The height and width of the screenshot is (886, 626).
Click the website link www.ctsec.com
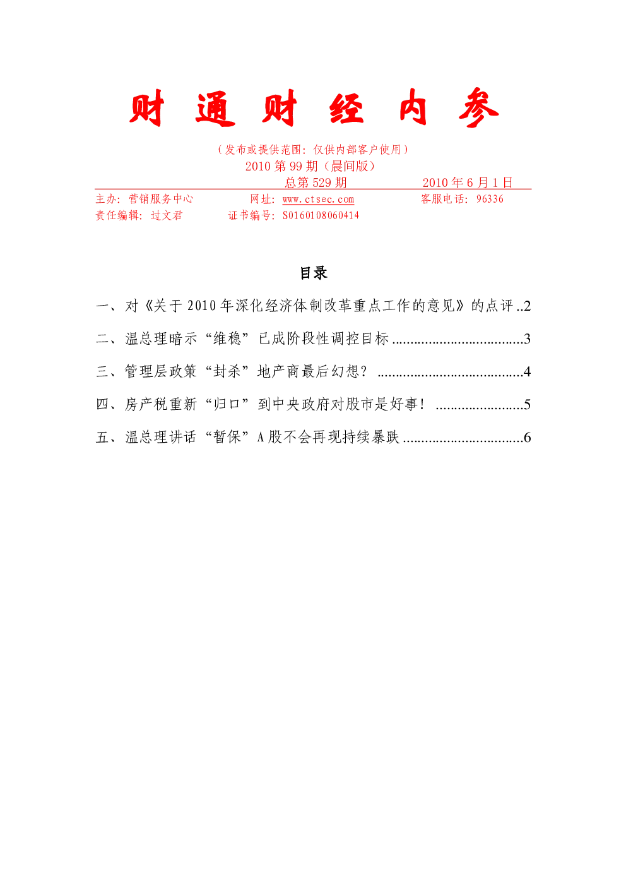318,199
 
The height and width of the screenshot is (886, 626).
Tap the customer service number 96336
490,198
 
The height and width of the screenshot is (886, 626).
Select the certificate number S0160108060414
321,215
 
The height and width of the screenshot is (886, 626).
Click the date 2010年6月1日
468,183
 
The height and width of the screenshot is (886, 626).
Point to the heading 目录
314,273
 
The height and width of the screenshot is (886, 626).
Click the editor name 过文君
167,215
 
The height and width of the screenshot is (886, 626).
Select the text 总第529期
316,183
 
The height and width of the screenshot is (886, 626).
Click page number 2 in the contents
527,306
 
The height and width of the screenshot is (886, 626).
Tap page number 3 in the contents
527,338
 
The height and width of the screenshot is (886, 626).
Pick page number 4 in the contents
527,371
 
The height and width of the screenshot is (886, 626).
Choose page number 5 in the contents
527,404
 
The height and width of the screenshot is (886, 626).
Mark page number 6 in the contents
527,437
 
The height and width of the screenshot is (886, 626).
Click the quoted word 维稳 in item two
227,338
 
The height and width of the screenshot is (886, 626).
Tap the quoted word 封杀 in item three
227,371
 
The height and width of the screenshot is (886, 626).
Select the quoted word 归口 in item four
227,404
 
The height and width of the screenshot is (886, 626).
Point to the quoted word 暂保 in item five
227,437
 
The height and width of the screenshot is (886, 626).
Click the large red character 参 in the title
479,107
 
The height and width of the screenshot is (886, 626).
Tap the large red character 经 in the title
346,107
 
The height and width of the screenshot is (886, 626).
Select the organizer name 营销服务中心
162,198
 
